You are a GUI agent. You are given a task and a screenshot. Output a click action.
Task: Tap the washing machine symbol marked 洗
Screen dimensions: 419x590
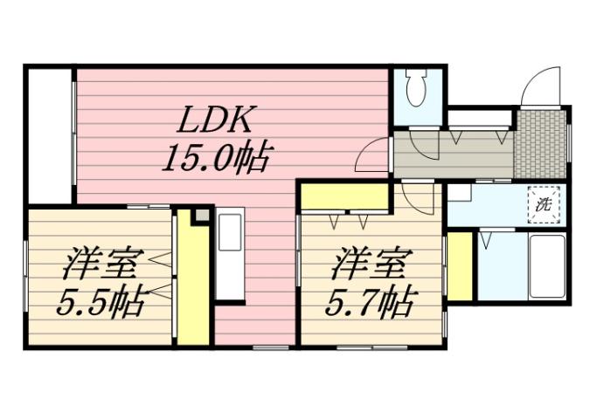[x=544, y=206]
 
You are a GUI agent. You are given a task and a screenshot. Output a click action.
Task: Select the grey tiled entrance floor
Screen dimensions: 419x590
[x=540, y=143]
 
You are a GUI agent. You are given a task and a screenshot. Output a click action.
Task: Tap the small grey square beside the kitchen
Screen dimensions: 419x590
[x=202, y=215]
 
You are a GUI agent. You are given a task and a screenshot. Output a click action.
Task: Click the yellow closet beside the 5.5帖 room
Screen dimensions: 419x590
[x=192, y=279]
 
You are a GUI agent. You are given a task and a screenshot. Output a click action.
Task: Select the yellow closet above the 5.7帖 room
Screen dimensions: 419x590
[x=344, y=196]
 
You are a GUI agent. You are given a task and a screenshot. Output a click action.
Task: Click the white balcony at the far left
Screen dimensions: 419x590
[x=49, y=135]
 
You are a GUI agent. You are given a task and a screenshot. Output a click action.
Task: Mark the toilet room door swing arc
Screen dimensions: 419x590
[x=426, y=145]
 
